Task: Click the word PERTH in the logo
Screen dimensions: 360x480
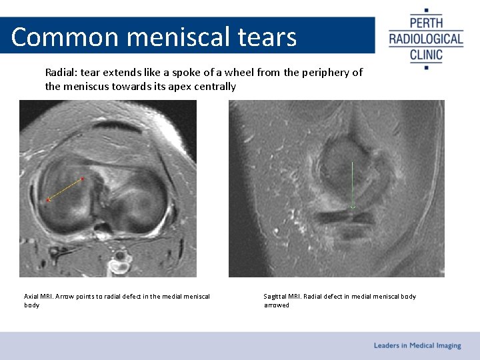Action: (426, 22)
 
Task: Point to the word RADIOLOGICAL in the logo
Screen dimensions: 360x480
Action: (426, 39)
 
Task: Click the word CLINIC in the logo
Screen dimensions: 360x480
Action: (426, 54)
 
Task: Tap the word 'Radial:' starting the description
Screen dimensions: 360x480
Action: (61, 72)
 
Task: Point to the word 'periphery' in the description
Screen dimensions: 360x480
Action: (327, 72)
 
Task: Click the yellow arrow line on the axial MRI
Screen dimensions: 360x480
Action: (65, 189)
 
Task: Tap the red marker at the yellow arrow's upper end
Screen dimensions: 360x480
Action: (83, 179)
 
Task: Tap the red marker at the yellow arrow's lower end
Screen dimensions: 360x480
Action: (47, 200)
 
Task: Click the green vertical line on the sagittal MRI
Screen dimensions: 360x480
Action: (353, 183)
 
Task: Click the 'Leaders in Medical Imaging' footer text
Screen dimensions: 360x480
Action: (417, 345)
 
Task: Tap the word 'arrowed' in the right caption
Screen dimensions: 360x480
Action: (277, 305)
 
